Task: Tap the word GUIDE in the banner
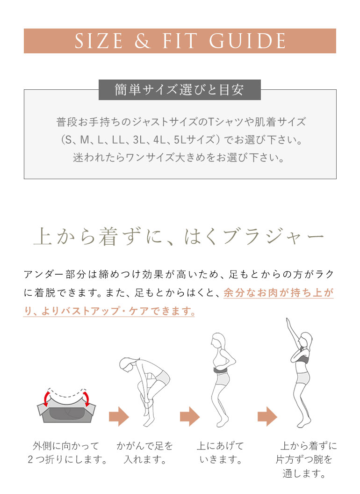click(247, 41)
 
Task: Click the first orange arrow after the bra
click(119, 416)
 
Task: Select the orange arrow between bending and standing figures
click(190, 416)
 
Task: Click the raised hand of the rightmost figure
click(287, 322)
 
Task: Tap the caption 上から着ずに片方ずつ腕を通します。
click(304, 460)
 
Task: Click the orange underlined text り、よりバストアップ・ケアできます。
click(109, 311)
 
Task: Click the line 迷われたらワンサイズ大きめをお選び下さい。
click(180, 157)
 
